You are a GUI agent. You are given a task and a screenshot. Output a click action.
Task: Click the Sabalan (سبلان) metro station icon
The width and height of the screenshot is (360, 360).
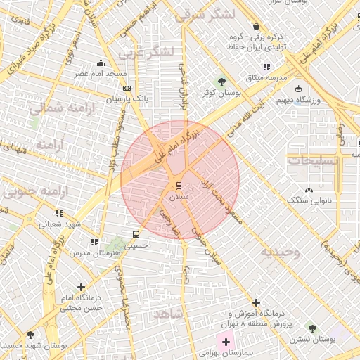179,186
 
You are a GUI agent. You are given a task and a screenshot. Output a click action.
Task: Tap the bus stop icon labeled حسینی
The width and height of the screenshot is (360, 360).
136,234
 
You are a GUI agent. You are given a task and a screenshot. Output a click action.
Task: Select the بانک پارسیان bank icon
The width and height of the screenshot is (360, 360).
127,89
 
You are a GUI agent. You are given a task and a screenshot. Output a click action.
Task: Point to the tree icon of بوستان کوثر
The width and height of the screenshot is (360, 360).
222,79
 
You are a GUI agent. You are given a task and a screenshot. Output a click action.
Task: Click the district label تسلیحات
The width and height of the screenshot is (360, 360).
313,160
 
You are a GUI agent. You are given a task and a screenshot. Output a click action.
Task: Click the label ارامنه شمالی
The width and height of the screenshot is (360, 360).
56,108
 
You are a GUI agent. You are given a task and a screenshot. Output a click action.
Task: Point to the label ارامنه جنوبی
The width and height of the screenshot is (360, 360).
30,191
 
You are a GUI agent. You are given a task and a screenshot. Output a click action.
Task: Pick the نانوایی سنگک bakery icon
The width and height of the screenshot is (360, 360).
309,190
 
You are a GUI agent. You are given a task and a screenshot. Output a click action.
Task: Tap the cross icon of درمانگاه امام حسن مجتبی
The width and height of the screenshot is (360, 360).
83,287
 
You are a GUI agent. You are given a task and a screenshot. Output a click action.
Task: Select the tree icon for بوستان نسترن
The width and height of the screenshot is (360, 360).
311,328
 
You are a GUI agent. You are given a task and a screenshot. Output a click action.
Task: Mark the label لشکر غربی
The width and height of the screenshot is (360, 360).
145,52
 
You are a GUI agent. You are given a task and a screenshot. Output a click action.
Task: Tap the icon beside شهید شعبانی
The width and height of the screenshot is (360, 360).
59,212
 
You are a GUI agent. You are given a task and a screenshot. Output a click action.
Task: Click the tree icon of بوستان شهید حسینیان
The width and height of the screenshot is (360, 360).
30,335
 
